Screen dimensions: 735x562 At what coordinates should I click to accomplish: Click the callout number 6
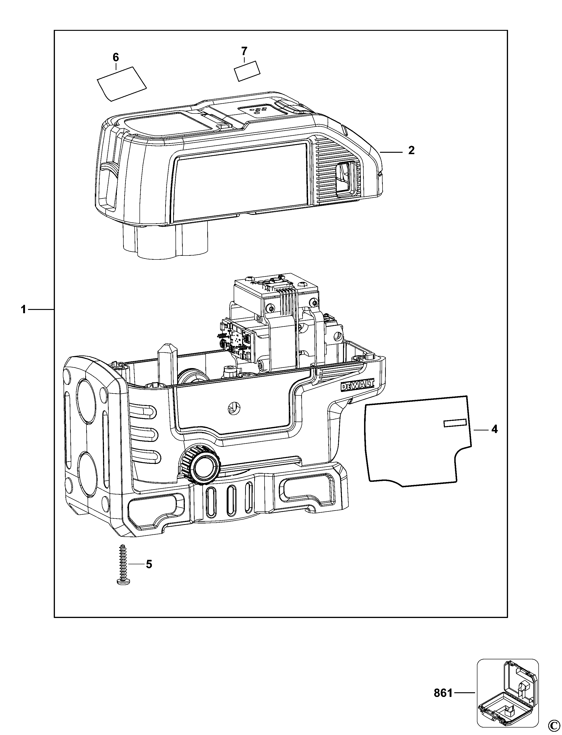point(115,57)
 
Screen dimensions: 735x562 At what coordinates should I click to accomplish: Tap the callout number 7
point(244,51)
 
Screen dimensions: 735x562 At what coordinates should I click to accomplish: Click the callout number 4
point(494,429)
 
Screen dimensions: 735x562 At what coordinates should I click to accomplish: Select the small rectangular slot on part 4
point(455,423)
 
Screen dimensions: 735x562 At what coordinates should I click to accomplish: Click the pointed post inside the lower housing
point(166,365)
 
